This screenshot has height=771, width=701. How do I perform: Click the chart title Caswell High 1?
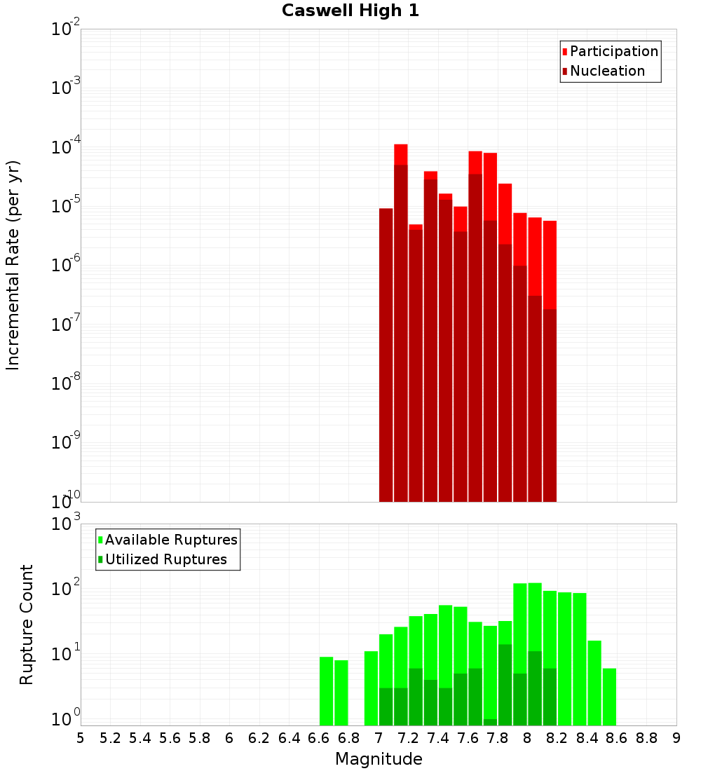point(350,11)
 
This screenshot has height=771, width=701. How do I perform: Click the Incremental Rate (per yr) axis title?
point(13,266)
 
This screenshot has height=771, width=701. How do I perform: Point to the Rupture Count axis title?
point(27,625)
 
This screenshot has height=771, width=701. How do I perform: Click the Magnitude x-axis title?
point(379,759)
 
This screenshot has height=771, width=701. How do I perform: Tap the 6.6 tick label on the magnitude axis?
point(318,738)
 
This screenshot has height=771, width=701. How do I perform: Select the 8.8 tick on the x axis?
point(646,738)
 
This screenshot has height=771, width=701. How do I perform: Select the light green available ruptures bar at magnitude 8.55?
point(610,697)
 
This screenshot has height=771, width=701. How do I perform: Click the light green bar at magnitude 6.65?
point(327,690)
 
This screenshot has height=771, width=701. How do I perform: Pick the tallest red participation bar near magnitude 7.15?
point(401,154)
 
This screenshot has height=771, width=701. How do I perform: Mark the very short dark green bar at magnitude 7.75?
point(490,722)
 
